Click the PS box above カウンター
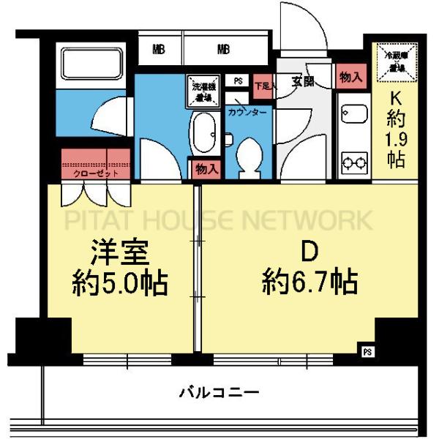tap(238, 81)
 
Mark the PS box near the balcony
tap(367, 352)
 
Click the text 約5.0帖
tap(120, 282)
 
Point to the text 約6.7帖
tap(309, 280)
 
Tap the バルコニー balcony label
tap(219, 393)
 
